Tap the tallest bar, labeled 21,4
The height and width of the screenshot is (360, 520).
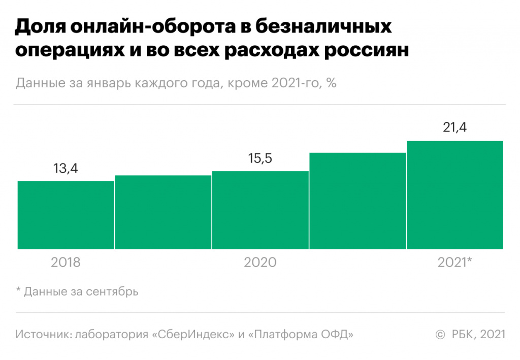pos(454,195)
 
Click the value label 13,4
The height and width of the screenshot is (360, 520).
pos(67,168)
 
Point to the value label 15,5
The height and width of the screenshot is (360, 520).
pos(261,158)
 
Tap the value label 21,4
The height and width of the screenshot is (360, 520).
pos(454,127)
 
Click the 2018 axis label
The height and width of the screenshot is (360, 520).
pos(66,263)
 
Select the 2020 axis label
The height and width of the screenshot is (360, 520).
pos(261,263)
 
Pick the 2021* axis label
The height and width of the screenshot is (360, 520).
pos(455,263)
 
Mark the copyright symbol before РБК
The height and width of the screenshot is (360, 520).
pos(440,334)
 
